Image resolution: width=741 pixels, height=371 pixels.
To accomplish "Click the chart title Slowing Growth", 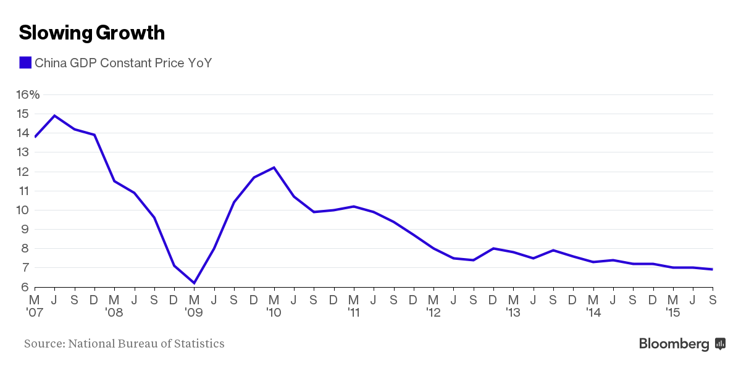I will [x=92, y=33].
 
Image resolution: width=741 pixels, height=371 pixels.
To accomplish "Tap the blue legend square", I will [x=25, y=62].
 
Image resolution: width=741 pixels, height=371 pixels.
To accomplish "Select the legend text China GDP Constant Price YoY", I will [x=123, y=63].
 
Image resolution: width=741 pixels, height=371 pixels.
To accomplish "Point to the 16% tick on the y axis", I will [x=28, y=94].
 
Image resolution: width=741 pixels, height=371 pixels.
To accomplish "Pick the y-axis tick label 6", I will [x=23, y=287].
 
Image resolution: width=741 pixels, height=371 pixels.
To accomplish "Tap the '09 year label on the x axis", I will [x=193, y=313].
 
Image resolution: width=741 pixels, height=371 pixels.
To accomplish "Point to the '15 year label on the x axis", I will [x=672, y=313].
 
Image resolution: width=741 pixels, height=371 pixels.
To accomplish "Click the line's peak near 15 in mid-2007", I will [x=55, y=115].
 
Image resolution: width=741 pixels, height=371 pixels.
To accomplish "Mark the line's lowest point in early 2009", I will [x=195, y=283].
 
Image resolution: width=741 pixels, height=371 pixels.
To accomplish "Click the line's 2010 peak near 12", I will [x=274, y=167].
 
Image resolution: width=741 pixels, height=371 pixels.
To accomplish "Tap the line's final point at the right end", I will [x=713, y=269].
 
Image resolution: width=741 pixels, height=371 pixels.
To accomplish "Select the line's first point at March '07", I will [x=35, y=136].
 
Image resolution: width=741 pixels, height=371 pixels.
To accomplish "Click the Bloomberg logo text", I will [x=674, y=344].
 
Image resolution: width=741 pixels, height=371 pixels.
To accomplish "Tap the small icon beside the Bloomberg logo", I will [x=720, y=344].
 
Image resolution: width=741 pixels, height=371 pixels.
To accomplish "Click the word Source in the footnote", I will [x=43, y=343].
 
